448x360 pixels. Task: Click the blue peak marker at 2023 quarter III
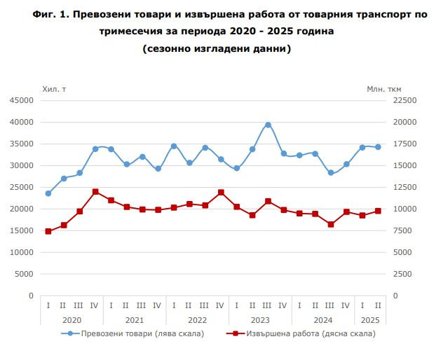(268, 125)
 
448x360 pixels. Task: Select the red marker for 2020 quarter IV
(95, 192)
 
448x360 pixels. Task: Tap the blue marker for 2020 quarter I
(48, 193)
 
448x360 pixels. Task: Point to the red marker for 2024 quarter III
(331, 224)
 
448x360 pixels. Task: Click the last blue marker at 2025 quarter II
(378, 147)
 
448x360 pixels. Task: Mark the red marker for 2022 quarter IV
(221, 193)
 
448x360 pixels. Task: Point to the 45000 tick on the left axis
(21, 100)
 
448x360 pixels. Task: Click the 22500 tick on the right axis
(405, 100)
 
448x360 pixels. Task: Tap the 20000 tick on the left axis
(21, 209)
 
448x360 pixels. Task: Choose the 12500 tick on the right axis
(405, 187)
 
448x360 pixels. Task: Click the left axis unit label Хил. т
(55, 88)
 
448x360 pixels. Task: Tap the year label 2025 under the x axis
(370, 319)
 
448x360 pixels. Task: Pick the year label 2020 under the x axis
(72, 319)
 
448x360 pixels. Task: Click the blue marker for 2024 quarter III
(331, 172)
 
